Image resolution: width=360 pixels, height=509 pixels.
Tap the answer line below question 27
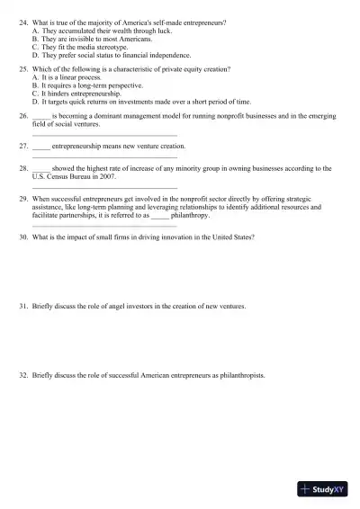[104, 157]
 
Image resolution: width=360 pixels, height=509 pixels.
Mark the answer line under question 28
[104, 187]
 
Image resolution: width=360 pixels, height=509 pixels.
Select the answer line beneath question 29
[104, 226]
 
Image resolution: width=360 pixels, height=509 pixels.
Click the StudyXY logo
[325, 489]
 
